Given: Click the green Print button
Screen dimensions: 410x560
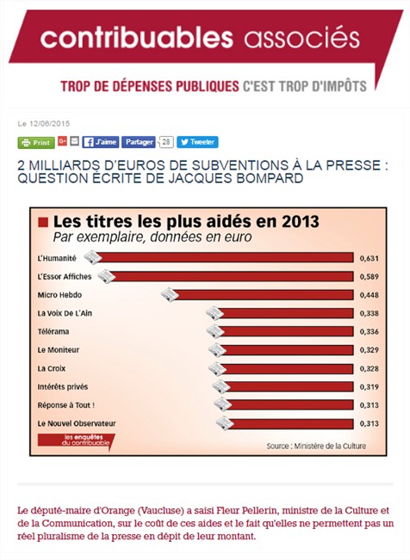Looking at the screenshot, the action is [x=36, y=143].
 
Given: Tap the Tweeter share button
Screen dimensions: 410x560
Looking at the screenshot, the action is [x=197, y=142].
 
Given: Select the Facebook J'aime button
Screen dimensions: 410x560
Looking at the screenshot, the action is [x=101, y=142].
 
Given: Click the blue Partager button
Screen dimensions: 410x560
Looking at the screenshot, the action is [x=139, y=142].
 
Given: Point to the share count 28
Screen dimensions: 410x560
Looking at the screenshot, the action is [x=165, y=142].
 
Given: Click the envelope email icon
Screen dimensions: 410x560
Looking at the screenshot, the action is [x=74, y=141].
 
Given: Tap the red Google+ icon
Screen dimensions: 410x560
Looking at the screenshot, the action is [x=62, y=141].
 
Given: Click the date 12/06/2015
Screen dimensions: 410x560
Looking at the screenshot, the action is [x=49, y=124].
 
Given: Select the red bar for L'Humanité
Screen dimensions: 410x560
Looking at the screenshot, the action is [x=224, y=257].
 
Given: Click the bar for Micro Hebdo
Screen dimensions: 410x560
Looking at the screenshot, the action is [x=263, y=295].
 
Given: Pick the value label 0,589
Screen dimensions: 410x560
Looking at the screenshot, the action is [x=370, y=277].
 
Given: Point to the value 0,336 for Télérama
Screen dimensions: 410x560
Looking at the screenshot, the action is [x=370, y=332].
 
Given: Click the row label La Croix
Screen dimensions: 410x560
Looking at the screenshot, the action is [x=52, y=368].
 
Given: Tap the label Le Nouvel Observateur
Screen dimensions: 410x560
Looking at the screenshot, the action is [x=77, y=423].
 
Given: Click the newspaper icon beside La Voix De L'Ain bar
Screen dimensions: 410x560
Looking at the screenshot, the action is [x=214, y=313].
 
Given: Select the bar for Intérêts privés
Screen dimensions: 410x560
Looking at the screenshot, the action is [x=289, y=387].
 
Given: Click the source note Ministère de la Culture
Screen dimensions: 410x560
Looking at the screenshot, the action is [x=316, y=446].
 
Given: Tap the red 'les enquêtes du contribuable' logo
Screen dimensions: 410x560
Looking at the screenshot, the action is [x=76, y=441].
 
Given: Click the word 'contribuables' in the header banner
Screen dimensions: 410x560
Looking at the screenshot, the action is [x=137, y=38].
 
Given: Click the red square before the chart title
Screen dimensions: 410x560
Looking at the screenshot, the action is [x=43, y=223].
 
